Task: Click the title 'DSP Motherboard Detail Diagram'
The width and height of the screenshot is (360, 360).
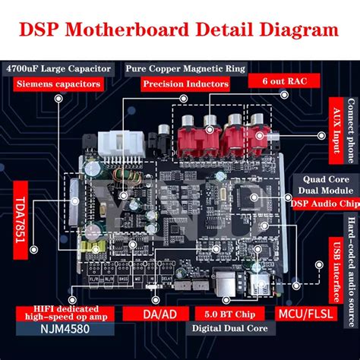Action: pos(179,30)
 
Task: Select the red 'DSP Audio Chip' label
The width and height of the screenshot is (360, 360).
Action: pos(323,203)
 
